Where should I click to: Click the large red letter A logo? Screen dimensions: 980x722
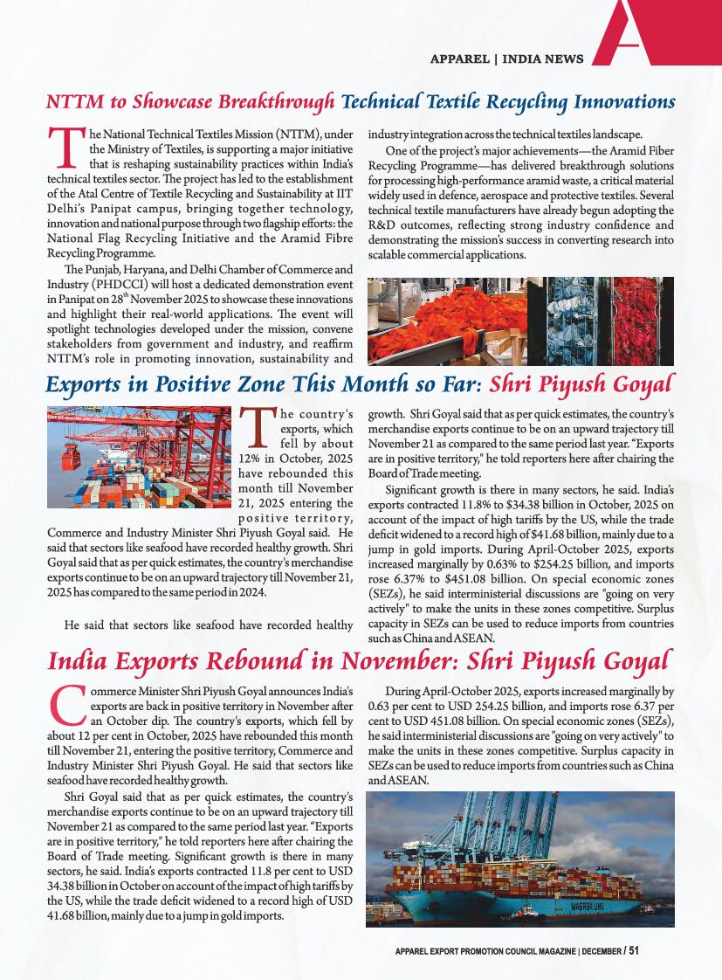click(643, 35)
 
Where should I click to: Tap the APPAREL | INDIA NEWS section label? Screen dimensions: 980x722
click(507, 59)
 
